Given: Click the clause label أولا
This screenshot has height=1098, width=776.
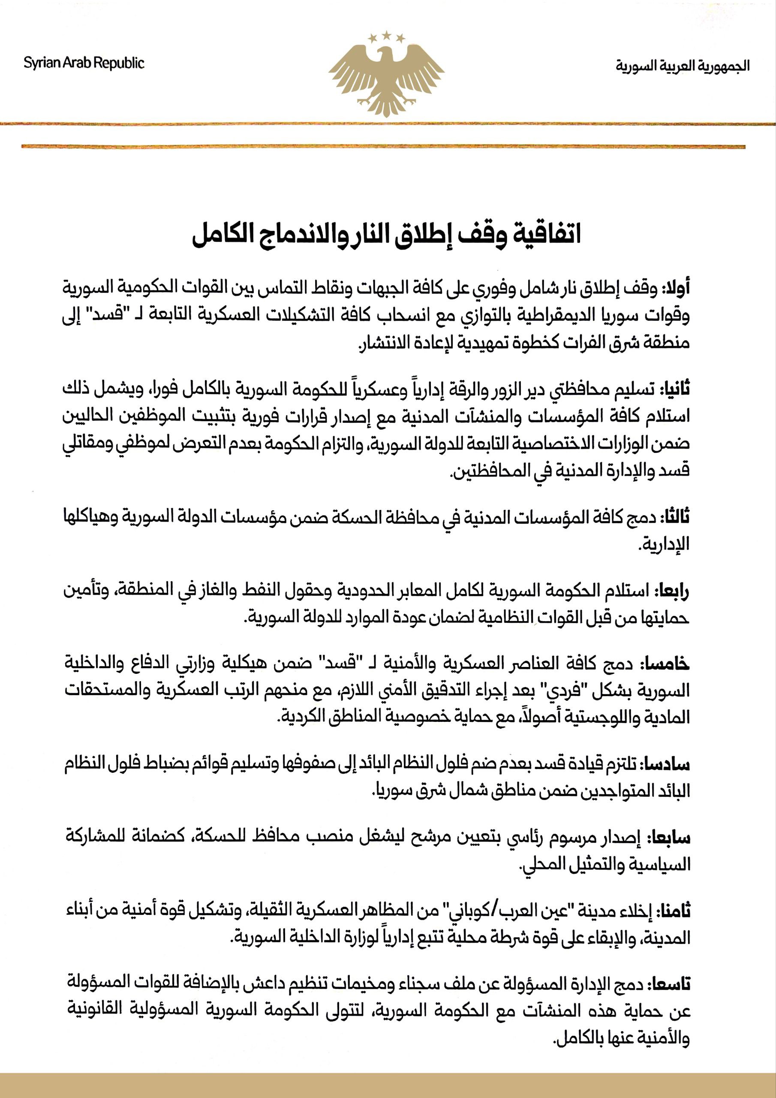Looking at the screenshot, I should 676,288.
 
